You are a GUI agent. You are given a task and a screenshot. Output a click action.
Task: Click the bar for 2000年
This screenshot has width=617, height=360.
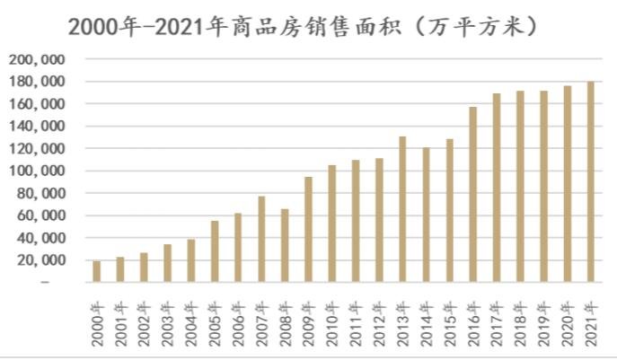click(x=96, y=272)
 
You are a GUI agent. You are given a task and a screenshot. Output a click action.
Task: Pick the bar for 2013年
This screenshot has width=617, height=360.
click(x=402, y=209)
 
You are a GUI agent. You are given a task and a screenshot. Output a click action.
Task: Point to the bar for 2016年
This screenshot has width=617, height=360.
click(x=472, y=195)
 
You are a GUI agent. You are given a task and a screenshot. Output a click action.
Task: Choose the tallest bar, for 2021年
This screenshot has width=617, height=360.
click(x=590, y=182)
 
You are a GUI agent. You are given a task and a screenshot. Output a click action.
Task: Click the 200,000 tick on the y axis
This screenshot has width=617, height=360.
click(x=37, y=59)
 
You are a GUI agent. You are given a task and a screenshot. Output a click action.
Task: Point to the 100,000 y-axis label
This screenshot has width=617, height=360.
click(x=37, y=171)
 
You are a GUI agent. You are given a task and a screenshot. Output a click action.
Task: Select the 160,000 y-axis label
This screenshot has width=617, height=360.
click(x=37, y=104)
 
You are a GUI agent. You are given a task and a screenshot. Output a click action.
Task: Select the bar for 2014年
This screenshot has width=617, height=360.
click(x=426, y=215)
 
